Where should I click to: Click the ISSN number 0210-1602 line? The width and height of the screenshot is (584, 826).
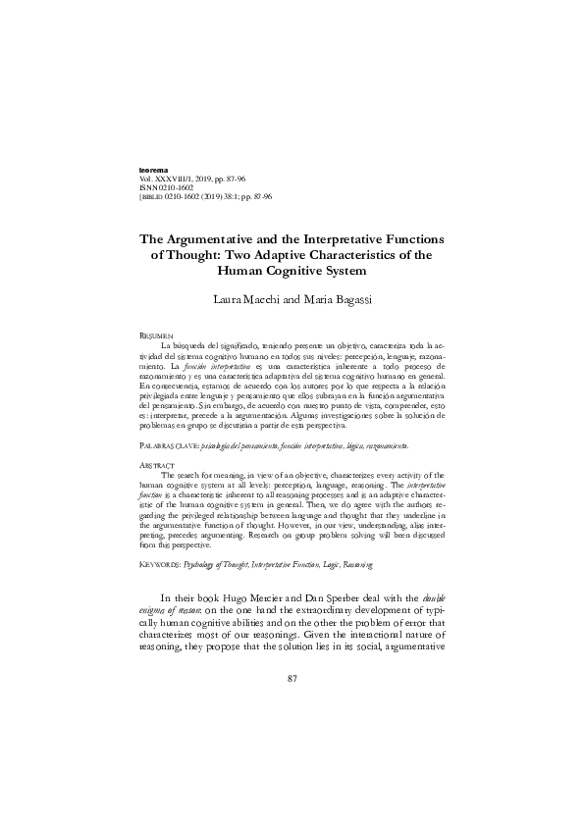[173, 187]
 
